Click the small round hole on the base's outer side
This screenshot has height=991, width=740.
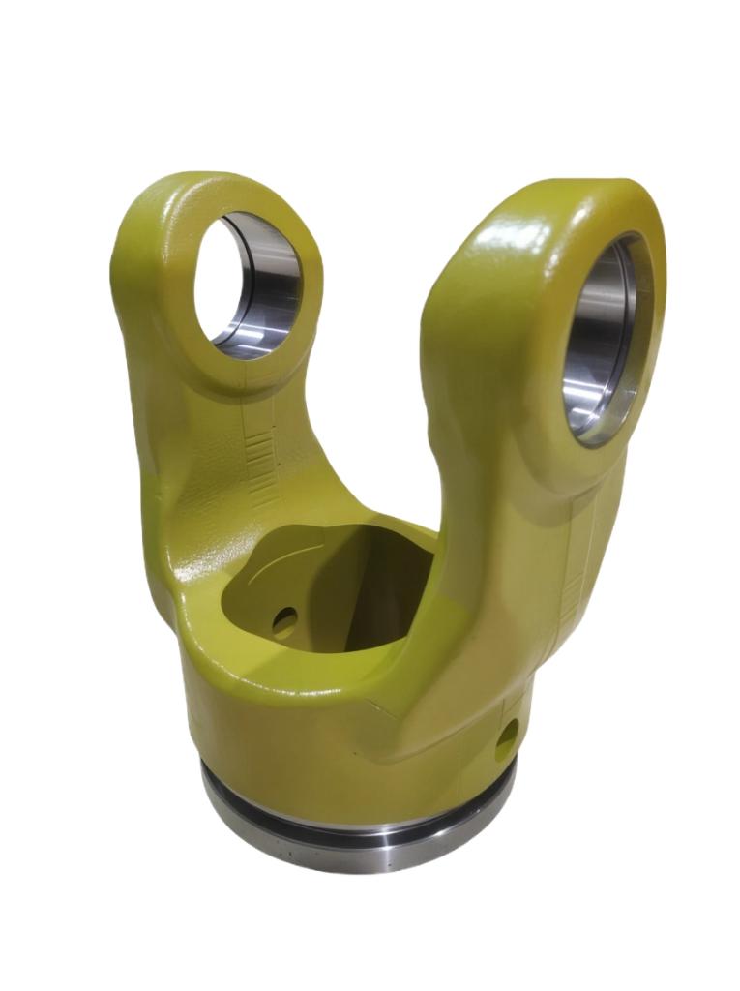[x=507, y=740]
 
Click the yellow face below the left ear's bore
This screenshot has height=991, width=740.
[x=242, y=382]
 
